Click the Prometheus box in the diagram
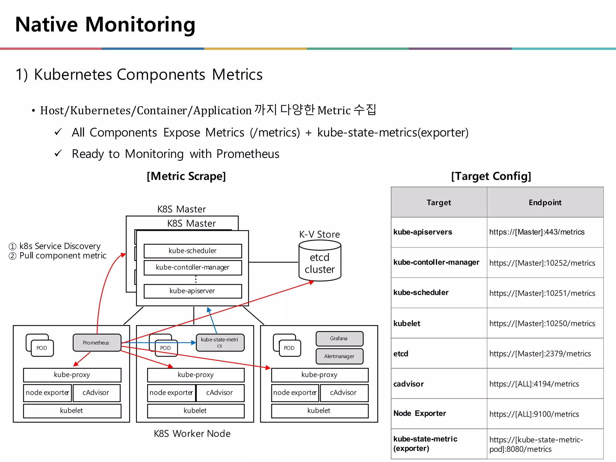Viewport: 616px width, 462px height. [97, 343]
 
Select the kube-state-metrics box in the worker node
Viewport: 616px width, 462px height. [220, 343]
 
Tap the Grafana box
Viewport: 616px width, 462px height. [339, 339]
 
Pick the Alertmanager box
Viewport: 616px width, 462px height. [339, 356]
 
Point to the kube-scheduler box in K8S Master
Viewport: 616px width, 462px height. [192, 251]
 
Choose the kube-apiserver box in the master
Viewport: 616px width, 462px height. [192, 291]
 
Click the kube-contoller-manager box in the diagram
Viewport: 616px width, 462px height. [192, 267]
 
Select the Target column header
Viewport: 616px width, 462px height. [439, 202]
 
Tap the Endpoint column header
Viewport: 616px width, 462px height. [545, 202]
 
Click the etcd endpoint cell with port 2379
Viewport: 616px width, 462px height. [540, 354]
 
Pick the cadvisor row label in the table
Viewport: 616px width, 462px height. [408, 384]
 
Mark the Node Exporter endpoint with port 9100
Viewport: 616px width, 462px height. [534, 414]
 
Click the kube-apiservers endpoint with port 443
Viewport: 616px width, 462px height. [537, 232]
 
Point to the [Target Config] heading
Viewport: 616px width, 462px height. [491, 176]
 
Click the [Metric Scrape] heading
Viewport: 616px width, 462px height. [186, 176]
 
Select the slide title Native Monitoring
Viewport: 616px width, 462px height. [105, 24]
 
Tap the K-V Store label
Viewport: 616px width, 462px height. [319, 234]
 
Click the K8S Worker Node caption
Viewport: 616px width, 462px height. [192, 433]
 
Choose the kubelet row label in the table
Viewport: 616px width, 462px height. [407, 324]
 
